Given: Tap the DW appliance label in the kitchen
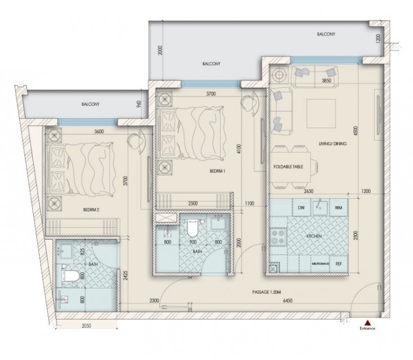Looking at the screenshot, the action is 302,208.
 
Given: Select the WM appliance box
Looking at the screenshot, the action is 339,208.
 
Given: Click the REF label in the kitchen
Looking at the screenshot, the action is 339,263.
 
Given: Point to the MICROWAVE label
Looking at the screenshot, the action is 320,264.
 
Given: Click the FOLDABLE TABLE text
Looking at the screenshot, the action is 288,166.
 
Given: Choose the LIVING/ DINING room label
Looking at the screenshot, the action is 333,144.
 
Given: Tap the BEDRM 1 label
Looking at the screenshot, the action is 217,171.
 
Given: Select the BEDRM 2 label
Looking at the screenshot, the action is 91,210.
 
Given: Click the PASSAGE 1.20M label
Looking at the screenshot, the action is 267,292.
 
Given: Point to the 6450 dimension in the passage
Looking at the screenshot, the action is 288,300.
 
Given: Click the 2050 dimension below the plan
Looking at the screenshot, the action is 86,326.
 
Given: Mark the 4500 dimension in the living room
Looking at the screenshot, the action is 356,131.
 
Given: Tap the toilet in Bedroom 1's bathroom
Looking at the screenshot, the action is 192,228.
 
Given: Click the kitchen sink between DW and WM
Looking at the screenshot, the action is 320,207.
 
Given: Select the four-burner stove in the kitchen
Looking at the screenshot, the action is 278,236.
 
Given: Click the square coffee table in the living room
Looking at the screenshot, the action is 321,114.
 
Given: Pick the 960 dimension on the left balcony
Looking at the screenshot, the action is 140,104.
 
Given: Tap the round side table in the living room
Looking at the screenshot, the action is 279,74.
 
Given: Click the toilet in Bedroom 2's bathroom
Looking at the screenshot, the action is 70,276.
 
